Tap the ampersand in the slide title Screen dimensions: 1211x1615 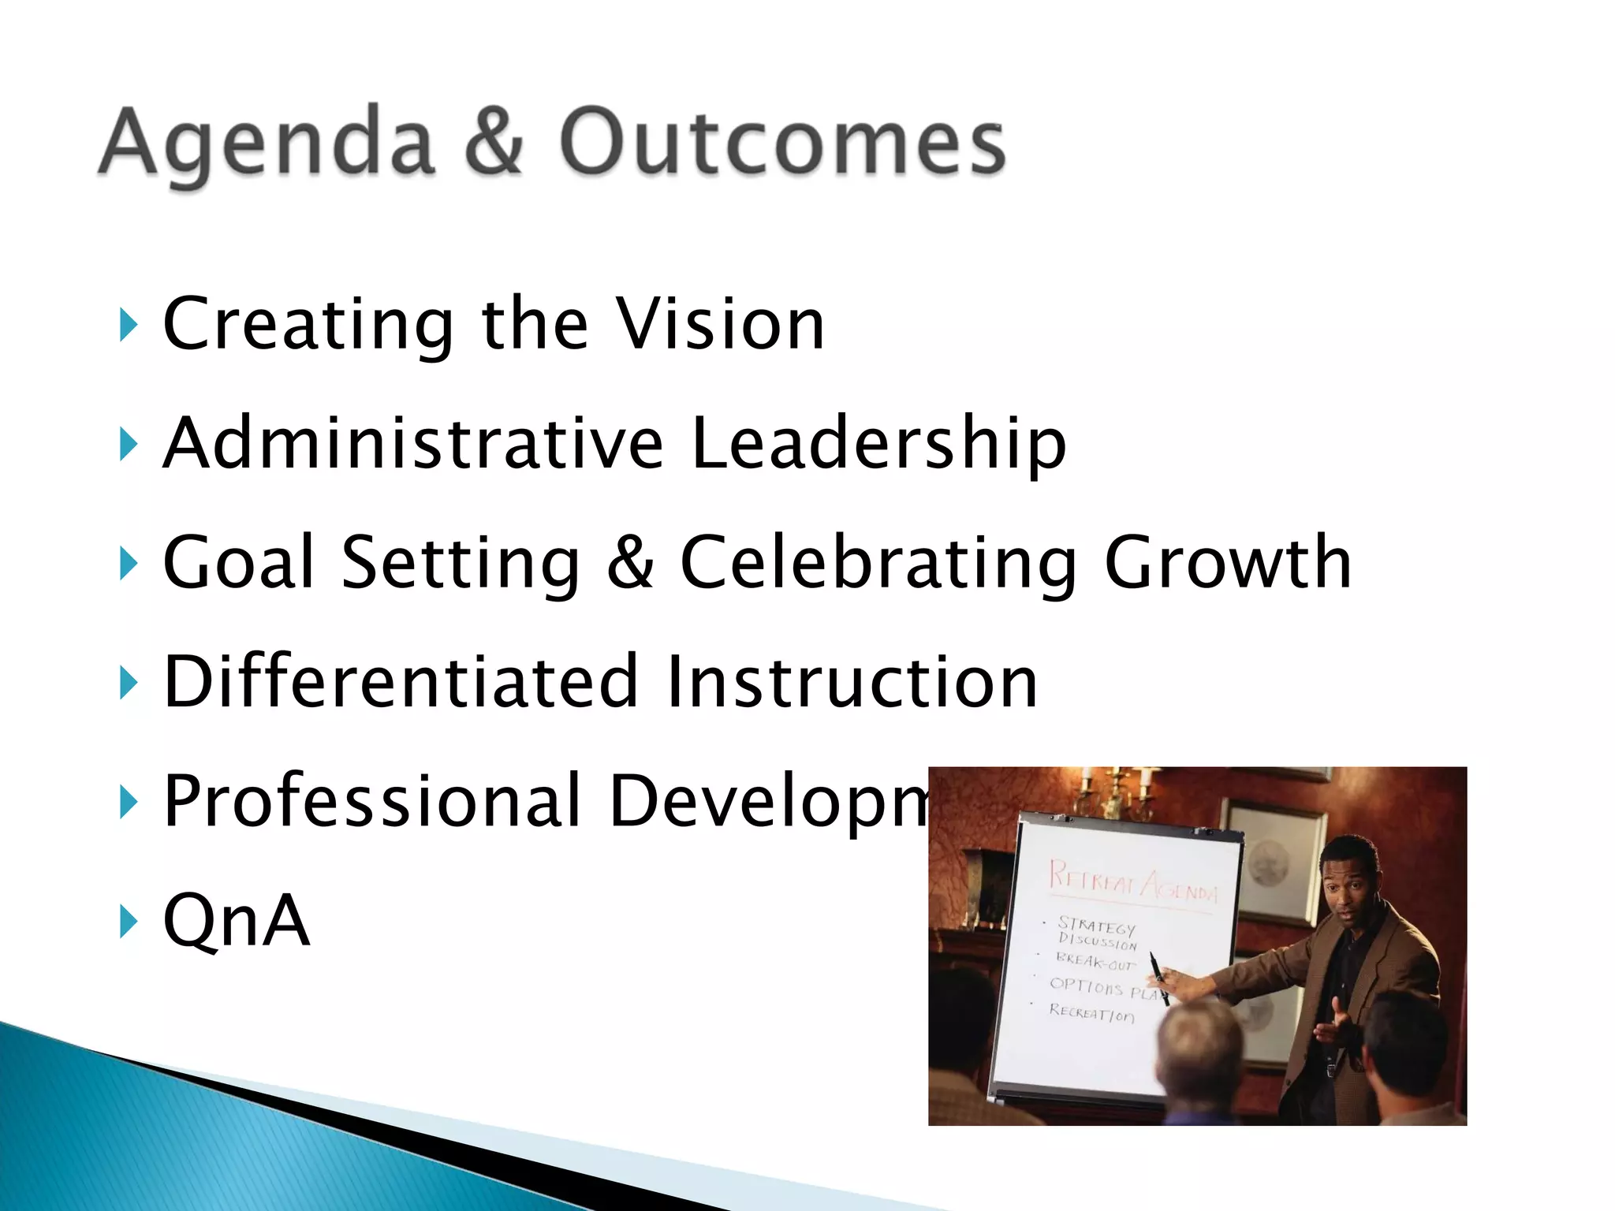pos(494,142)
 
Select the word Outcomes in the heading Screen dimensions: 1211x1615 pos(781,142)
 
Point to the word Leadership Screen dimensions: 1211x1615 pos(878,443)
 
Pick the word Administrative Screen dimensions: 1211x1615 pos(413,443)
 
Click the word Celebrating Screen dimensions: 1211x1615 pos(878,563)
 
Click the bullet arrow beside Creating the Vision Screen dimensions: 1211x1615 pos(129,324)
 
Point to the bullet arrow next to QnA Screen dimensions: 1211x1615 pos(129,920)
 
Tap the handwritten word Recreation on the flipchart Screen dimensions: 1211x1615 pos(1091,1013)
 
